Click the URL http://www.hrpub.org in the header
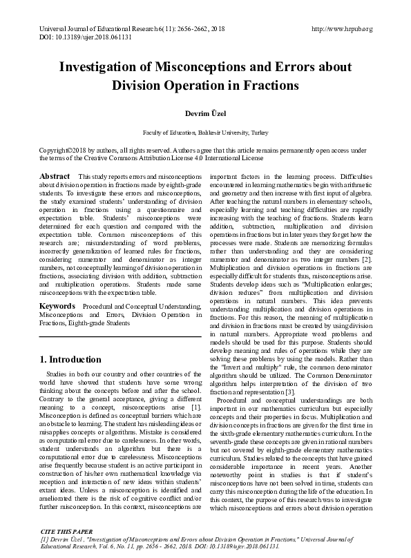342,29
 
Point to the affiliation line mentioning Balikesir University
205,131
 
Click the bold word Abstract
55,177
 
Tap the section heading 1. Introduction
71,360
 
